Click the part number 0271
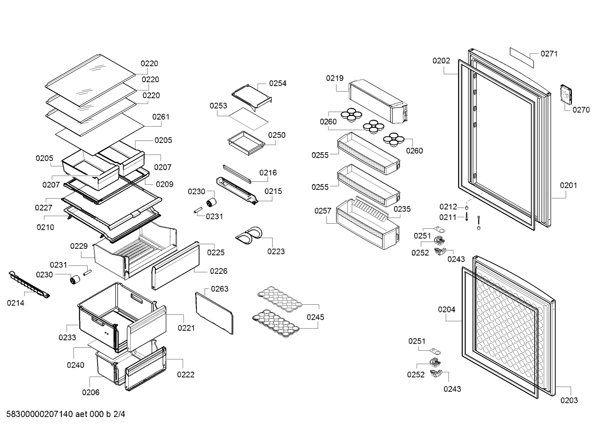pyautogui.click(x=549, y=54)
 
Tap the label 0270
pyautogui.click(x=581, y=110)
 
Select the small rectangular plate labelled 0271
pyautogui.click(x=521, y=57)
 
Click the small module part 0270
pyautogui.click(x=565, y=94)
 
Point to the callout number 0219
pyautogui.click(x=335, y=78)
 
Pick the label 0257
pyautogui.click(x=323, y=211)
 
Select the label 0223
pyautogui.click(x=276, y=251)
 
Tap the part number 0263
pyautogui.click(x=220, y=289)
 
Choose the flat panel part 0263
pyautogui.click(x=214, y=312)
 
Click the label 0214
pyautogui.click(x=15, y=303)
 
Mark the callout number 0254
pyautogui.click(x=278, y=83)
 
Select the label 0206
pyautogui.click(x=91, y=392)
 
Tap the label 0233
pyautogui.click(x=67, y=337)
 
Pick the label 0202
pyautogui.click(x=441, y=61)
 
